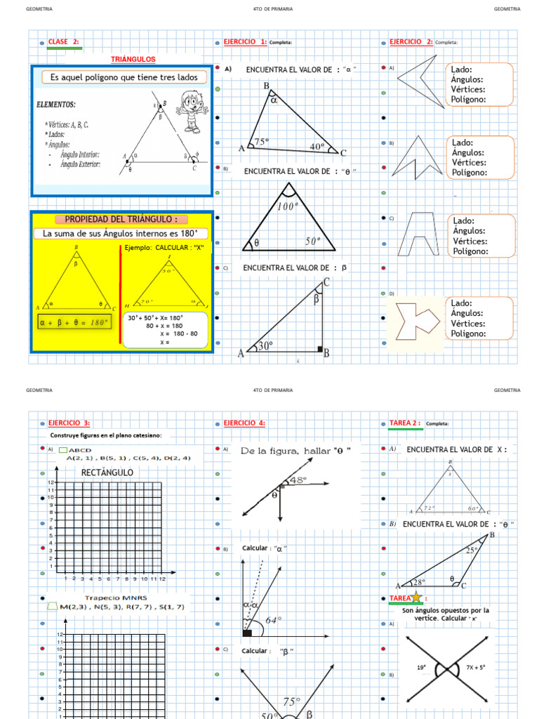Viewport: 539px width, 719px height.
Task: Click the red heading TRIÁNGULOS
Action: point(133,60)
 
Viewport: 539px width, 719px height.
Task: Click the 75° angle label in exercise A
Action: point(261,141)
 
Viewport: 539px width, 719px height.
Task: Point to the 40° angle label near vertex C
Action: point(317,147)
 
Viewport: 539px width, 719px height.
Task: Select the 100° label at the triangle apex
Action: point(288,206)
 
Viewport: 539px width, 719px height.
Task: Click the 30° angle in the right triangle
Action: point(265,345)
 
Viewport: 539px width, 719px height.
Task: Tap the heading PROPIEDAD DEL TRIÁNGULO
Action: point(121,219)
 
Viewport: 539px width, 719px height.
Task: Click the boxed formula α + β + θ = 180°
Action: point(74,322)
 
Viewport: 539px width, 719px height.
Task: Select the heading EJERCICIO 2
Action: point(411,42)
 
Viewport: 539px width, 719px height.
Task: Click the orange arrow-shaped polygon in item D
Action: point(417,322)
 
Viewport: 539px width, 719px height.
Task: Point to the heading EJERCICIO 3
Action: point(69,423)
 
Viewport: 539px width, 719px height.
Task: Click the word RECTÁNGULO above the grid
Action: point(107,473)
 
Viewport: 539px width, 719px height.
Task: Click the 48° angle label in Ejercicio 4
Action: point(298,480)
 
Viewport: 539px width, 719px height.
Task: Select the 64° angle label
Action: point(274,620)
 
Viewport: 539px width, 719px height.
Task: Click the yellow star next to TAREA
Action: point(416,597)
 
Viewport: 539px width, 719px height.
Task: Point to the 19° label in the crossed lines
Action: point(421,668)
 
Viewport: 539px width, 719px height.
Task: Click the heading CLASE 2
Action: point(64,42)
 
